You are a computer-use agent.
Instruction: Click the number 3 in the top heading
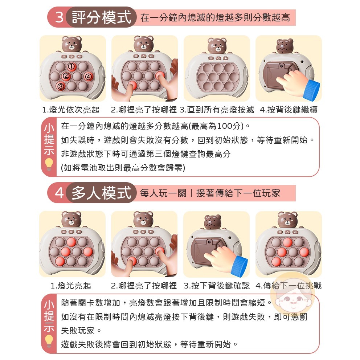point(59,17)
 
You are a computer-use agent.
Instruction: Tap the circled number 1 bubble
point(71,66)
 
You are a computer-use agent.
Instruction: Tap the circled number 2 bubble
point(66,76)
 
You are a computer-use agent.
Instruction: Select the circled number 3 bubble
point(61,86)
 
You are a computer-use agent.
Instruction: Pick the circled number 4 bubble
point(88,77)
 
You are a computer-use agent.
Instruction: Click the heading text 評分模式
point(101,17)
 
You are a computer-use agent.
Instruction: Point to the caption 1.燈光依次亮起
point(71,110)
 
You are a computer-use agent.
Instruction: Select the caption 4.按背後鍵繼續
point(289,110)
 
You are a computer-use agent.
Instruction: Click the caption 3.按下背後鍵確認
point(217,286)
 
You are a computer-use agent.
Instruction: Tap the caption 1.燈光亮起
point(71,286)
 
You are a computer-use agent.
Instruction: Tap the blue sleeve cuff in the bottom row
point(239,265)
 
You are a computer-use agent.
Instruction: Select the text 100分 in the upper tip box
point(230,126)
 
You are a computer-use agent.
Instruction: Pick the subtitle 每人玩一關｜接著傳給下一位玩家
point(210,193)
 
